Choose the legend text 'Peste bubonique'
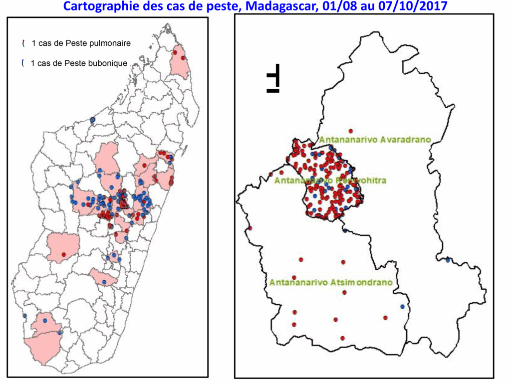tap(95, 63)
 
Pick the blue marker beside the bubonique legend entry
tap(23, 63)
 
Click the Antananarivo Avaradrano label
tap(375, 139)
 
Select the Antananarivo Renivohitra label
tap(330, 180)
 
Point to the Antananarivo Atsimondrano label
tap(331, 282)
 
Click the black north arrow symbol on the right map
tap(274, 79)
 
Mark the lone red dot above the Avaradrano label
tap(351, 131)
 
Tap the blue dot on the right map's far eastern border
tap(448, 260)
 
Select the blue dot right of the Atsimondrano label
tap(402, 307)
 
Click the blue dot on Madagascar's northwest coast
tap(93, 120)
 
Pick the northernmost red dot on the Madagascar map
tap(175, 52)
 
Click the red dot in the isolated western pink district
tap(63, 255)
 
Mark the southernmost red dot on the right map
tap(342, 338)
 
